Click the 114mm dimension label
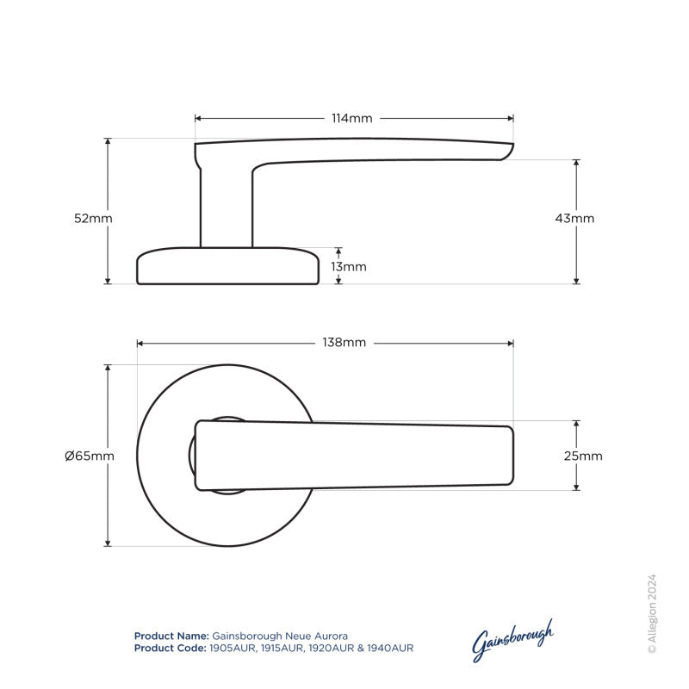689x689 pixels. (353, 118)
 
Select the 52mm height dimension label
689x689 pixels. (93, 219)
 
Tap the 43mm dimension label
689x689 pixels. (574, 219)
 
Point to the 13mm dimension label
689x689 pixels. (348, 267)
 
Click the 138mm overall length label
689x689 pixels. (344, 343)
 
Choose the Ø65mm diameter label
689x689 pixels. (90, 456)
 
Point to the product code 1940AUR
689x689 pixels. (390, 648)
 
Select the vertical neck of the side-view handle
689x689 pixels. (227, 207)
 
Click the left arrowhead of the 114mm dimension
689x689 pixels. (198, 118)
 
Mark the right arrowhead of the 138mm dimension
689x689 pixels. (511, 343)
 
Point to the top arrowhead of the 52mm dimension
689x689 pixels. (109, 141)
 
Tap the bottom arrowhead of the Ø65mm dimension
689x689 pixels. (109, 543)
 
